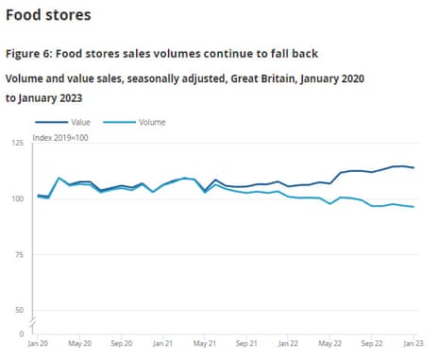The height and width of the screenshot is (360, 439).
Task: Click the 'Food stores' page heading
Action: coord(48,16)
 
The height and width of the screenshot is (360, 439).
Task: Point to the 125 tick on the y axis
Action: coord(17,143)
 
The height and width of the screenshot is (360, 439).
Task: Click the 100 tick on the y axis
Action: coord(17,198)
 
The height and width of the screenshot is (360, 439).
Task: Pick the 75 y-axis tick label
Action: coord(19,254)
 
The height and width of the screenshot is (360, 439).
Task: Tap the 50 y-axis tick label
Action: coord(19,310)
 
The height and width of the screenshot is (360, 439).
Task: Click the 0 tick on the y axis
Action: coord(22,334)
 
